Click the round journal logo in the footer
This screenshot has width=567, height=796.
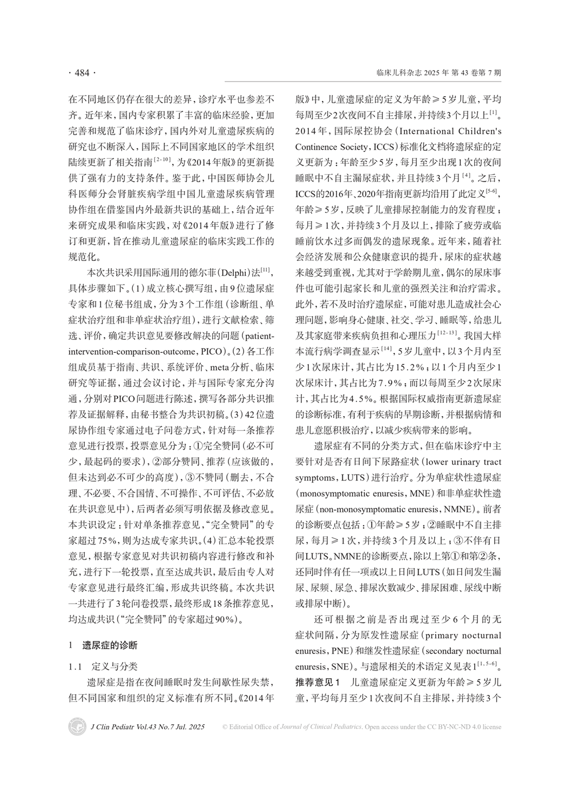point(77,726)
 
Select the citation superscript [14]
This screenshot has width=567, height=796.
point(387,349)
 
